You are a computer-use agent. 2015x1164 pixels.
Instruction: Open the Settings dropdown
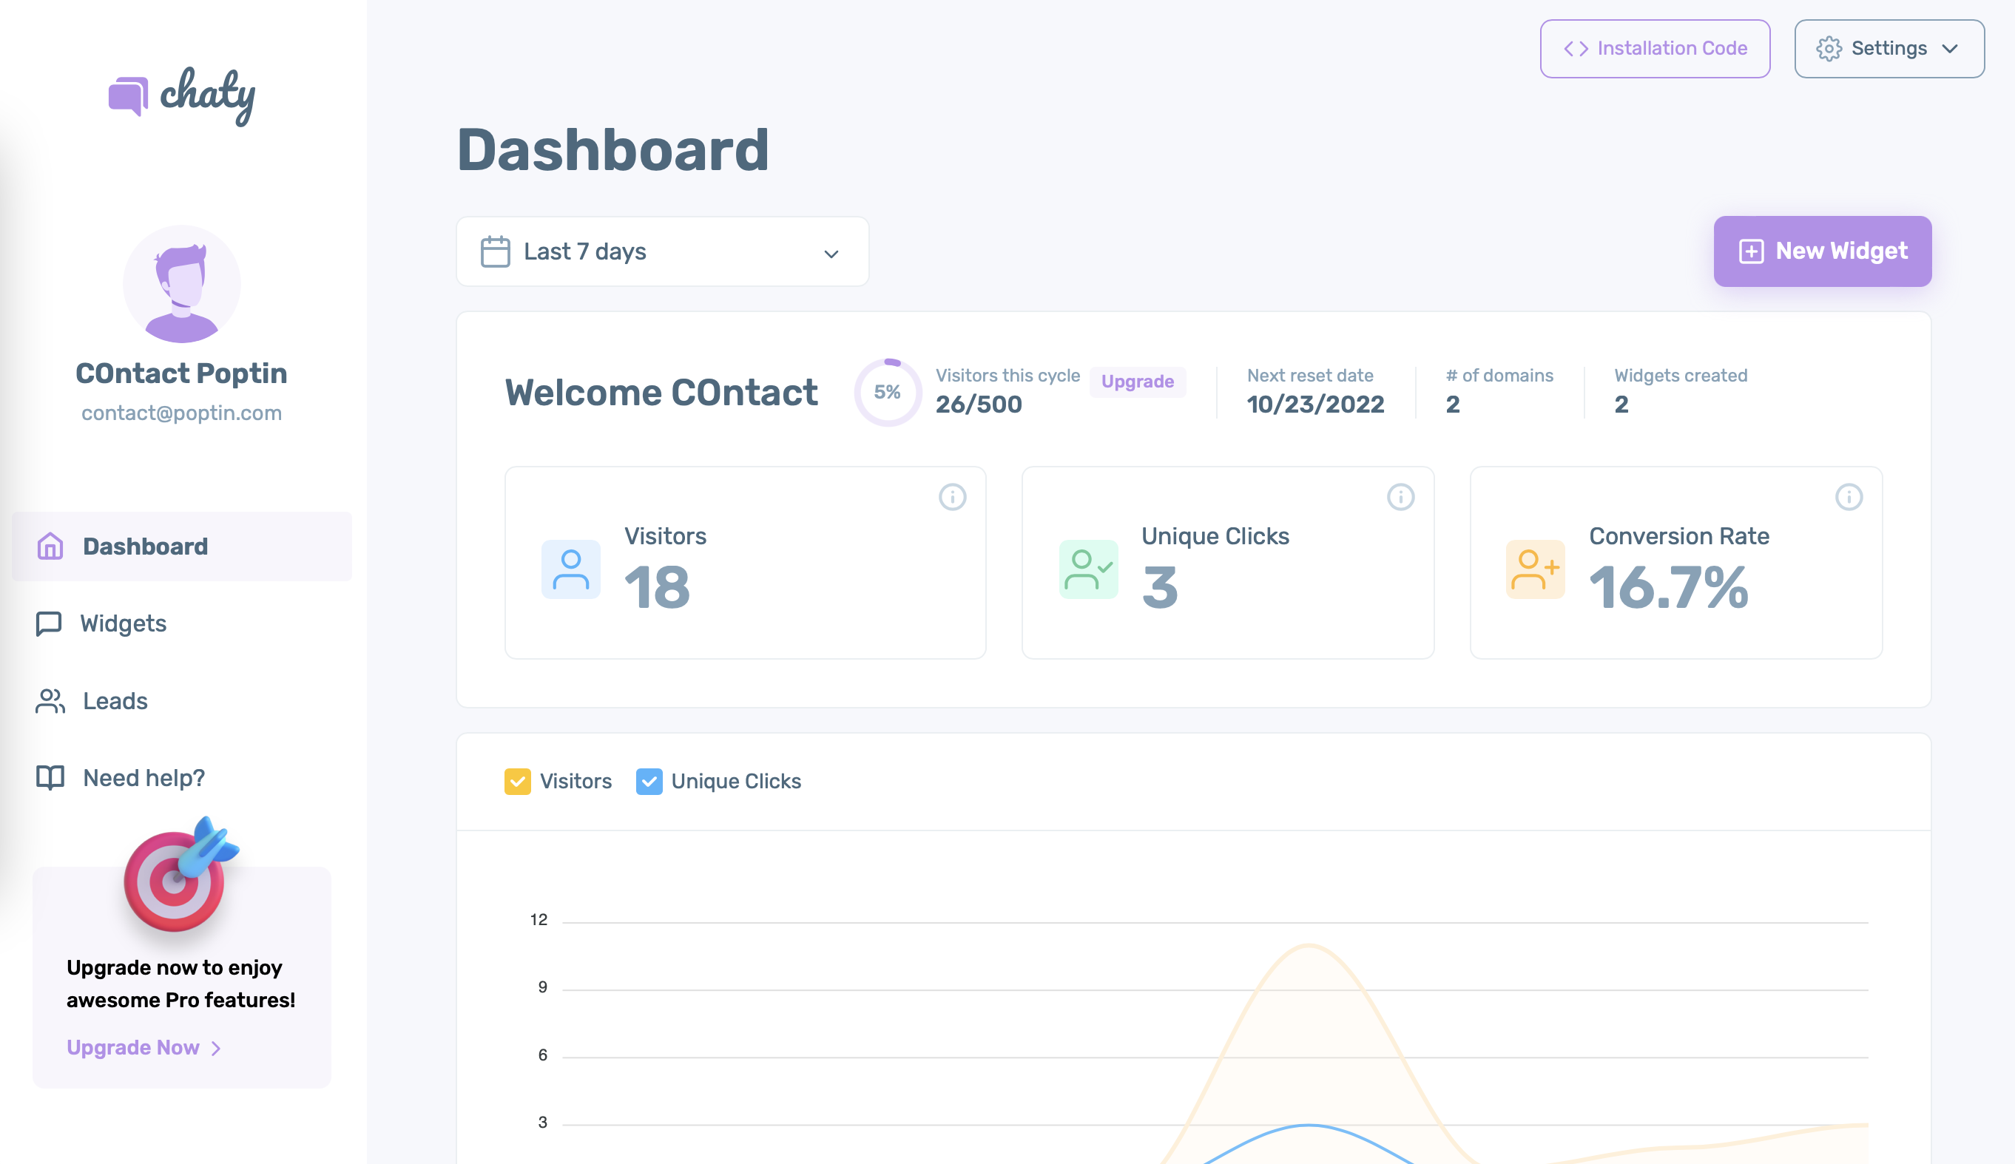coord(1889,49)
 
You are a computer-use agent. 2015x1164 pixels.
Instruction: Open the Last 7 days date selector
coord(662,252)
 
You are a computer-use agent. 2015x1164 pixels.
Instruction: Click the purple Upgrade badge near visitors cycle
coord(1137,382)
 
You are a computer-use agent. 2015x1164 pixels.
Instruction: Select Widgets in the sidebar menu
coord(123,623)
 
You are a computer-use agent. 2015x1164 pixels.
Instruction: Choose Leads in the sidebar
coord(115,701)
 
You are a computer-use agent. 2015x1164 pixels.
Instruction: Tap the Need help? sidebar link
coord(144,778)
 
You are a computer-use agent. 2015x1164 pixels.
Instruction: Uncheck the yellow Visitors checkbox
coord(517,781)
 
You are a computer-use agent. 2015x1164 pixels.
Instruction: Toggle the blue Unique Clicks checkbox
coord(649,781)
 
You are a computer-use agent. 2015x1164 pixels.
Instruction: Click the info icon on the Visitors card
coord(951,497)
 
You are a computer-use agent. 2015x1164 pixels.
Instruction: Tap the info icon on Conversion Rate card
coord(1848,497)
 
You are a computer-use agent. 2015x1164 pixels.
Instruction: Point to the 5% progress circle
coord(887,393)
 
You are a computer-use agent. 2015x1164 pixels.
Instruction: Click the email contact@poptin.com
coord(181,413)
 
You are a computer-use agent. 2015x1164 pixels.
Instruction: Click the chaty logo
coord(182,96)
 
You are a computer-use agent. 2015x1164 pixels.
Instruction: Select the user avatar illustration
coord(182,285)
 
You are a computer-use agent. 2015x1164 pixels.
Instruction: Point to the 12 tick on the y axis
coord(539,920)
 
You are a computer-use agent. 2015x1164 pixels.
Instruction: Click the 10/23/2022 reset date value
coord(1315,405)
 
